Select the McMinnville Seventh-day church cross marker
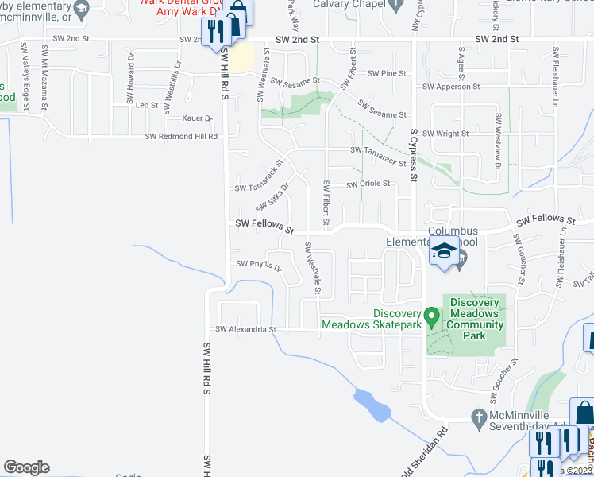point(478,417)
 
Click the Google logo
point(26,467)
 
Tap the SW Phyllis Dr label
point(259,265)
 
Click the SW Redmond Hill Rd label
point(181,137)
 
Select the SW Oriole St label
point(368,184)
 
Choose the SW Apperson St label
point(451,86)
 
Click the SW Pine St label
point(387,73)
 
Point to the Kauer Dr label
point(198,118)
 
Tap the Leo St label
point(148,105)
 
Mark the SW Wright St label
point(445,134)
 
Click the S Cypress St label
point(414,154)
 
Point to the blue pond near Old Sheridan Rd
point(372,405)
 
